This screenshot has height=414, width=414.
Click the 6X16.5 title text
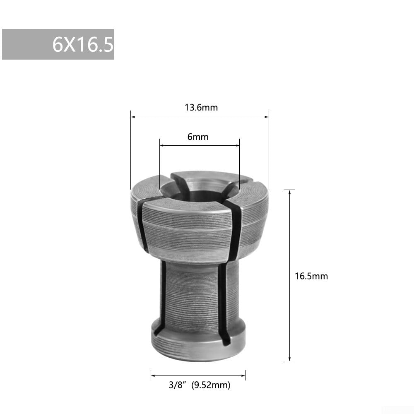(82, 44)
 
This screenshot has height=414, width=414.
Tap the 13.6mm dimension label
(201, 108)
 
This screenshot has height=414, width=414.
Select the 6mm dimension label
(198, 137)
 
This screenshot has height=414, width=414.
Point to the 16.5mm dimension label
(311, 276)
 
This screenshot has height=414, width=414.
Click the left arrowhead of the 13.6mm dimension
(133, 117)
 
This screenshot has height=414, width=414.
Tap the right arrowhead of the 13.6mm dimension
(267, 117)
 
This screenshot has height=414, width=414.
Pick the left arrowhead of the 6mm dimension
(162, 145)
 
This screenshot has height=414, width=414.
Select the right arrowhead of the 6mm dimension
(237, 145)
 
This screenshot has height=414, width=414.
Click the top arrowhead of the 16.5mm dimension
(290, 192)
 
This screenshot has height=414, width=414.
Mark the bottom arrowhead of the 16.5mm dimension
(290, 359)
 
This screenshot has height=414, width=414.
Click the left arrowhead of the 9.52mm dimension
(153, 375)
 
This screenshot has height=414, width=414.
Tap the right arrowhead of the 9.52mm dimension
(243, 375)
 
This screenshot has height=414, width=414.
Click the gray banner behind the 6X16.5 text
(25, 44)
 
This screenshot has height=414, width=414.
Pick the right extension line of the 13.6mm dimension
(269, 149)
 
